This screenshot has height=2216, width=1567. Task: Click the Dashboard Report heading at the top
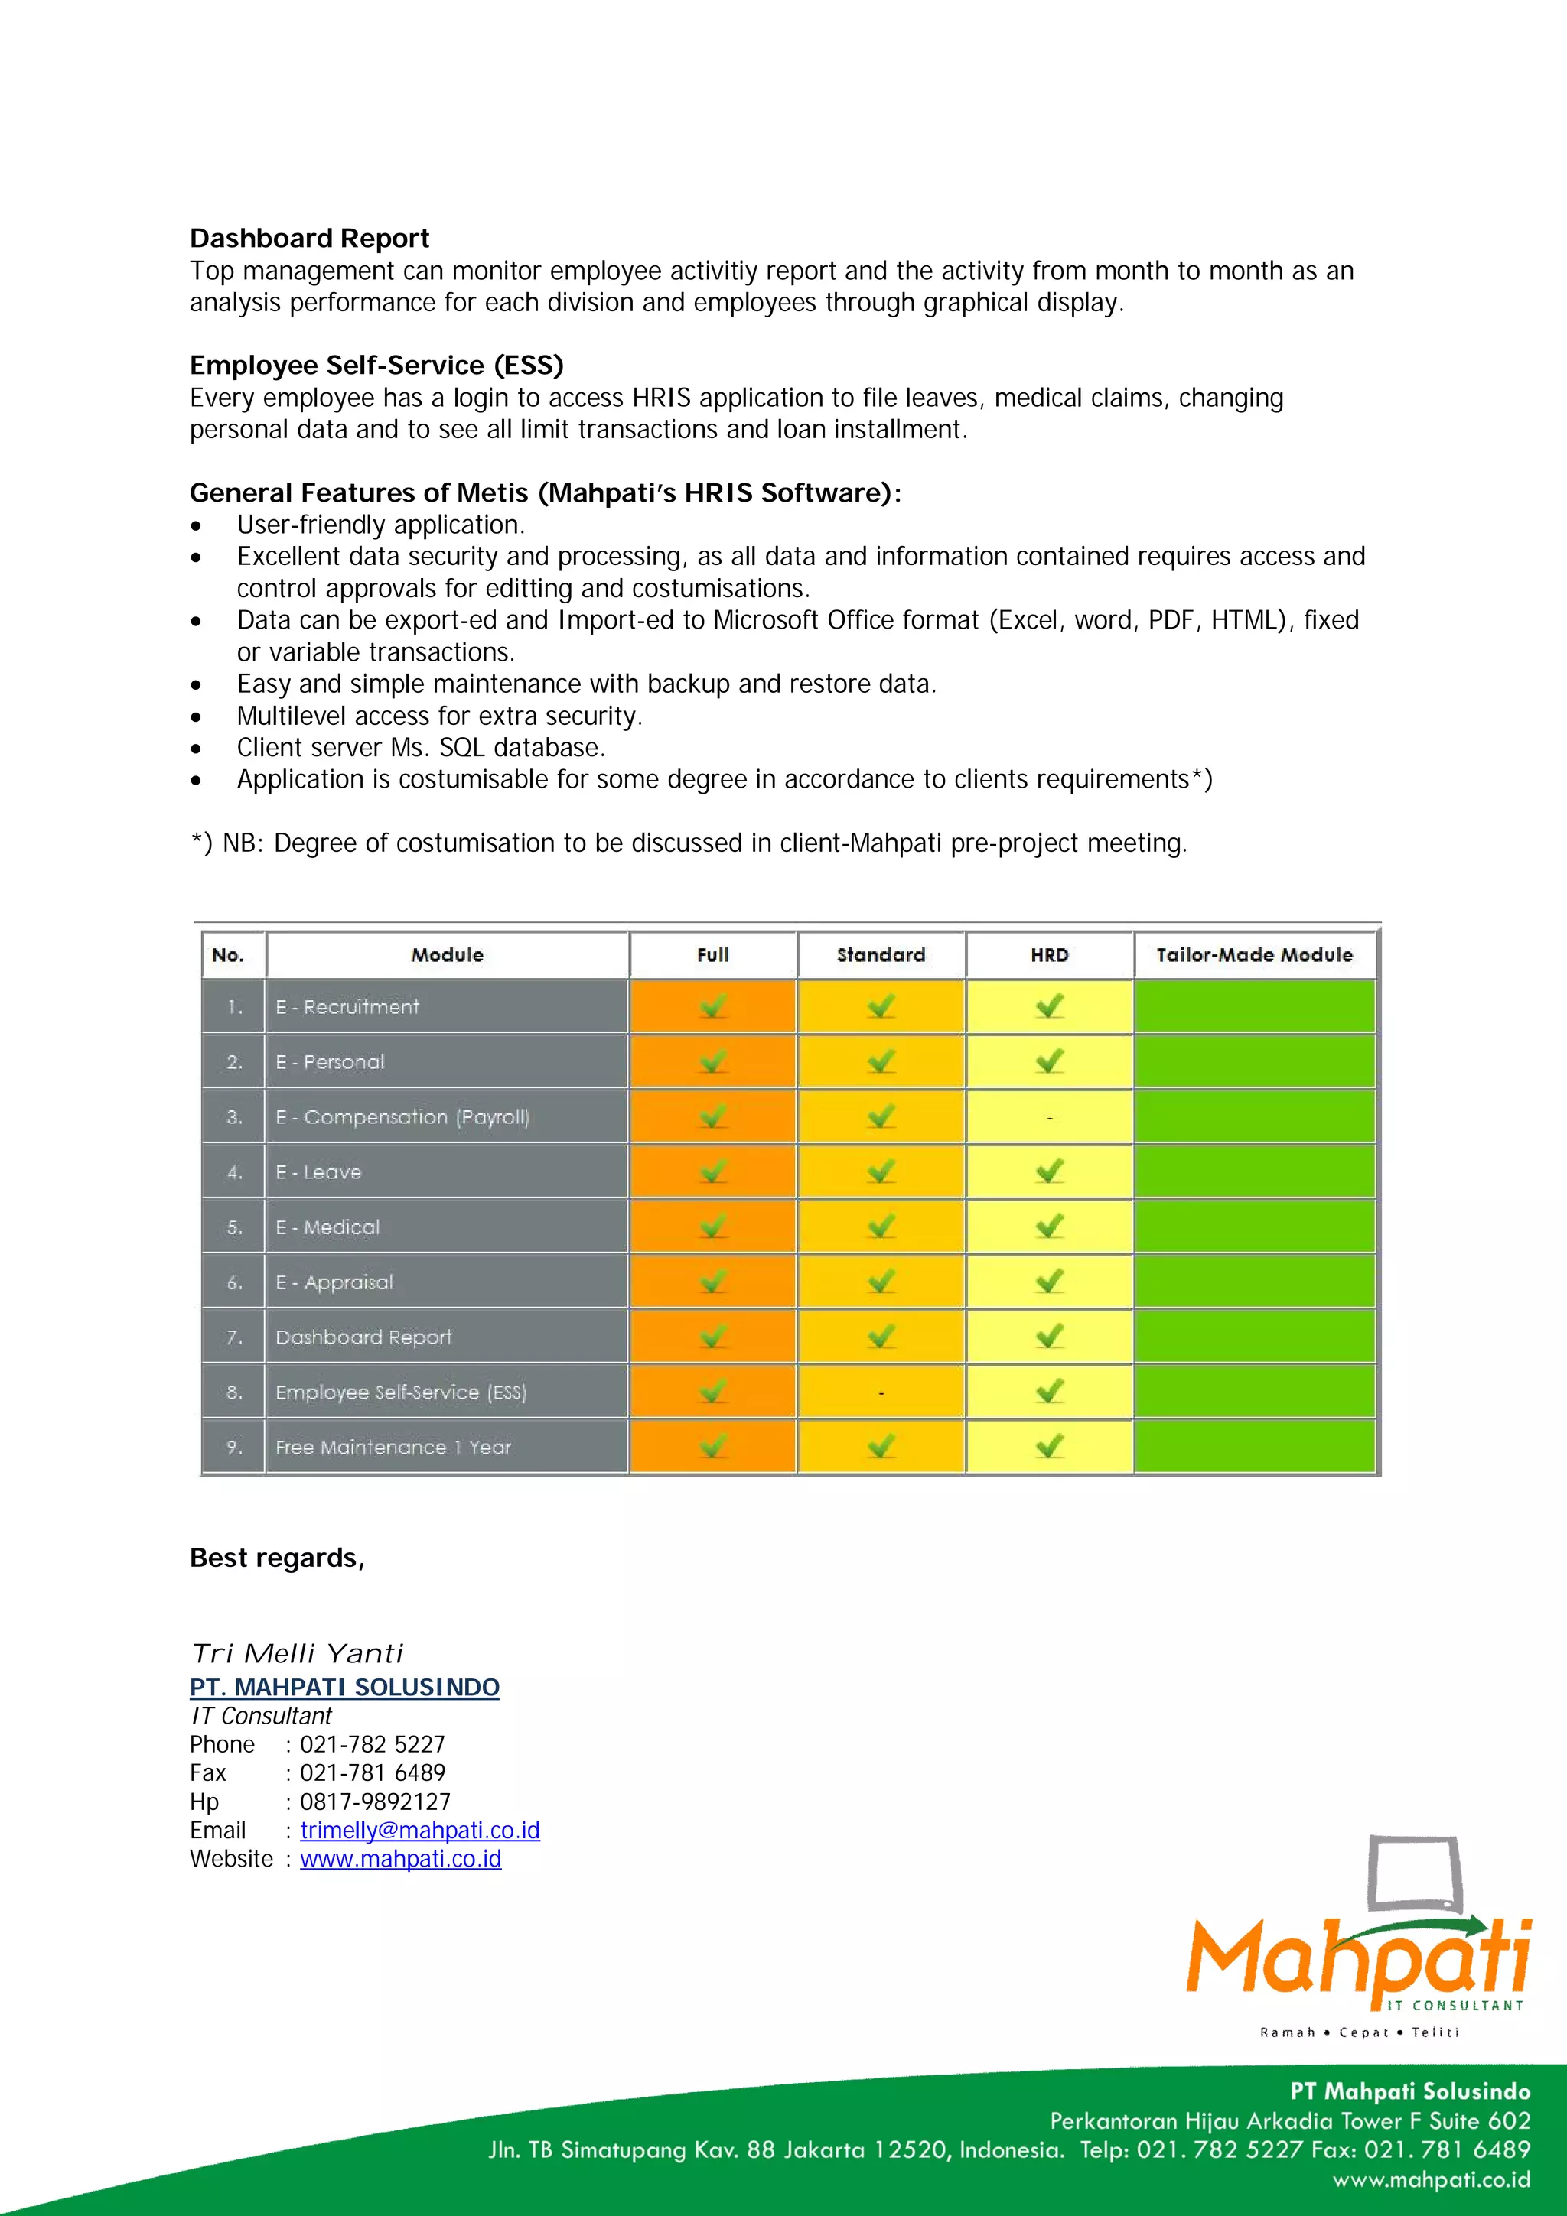coord(309,239)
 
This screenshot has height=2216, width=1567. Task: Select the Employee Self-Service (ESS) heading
coord(376,366)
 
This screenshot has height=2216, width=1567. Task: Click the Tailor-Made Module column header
coord(1254,954)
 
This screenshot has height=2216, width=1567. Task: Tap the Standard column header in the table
coord(881,954)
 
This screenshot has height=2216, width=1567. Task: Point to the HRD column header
coord(1050,954)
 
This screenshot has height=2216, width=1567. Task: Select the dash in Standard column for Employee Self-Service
coord(881,1392)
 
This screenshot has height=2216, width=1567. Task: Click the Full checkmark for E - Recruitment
coord(712,1006)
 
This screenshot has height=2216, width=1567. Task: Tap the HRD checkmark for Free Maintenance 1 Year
coord(1050,1446)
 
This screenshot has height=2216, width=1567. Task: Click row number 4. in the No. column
coord(233,1171)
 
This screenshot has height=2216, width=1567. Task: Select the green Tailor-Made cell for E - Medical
coord(1254,1227)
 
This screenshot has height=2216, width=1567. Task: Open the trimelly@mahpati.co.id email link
coord(420,1830)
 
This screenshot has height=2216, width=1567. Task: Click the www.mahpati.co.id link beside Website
coord(401,1859)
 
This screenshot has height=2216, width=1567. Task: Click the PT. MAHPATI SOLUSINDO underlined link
coord(344,1687)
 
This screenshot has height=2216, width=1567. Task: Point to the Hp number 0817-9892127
coord(376,1802)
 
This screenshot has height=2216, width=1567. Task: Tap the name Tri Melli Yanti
coord(298,1653)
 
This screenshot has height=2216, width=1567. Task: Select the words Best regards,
coord(277,1558)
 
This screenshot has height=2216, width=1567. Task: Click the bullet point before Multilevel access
coord(196,717)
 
